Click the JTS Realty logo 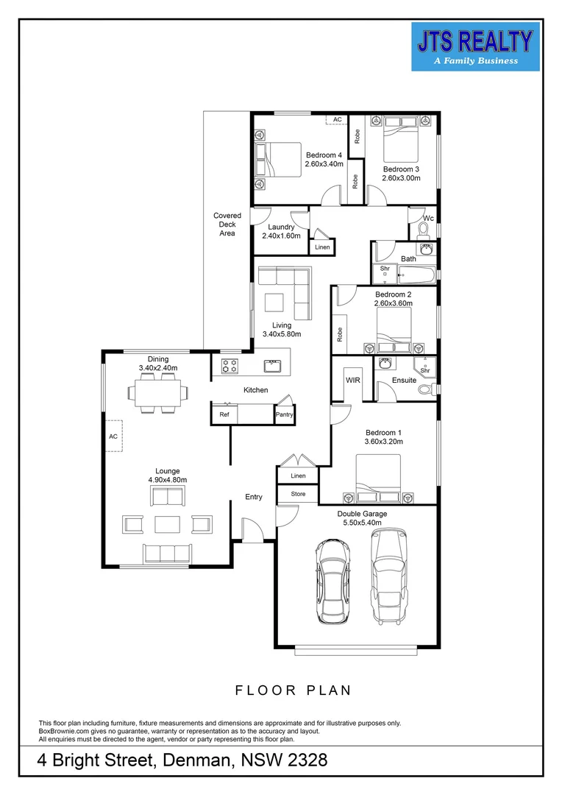[x=475, y=46]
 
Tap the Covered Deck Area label [x=227, y=225]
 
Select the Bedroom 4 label [x=324, y=160]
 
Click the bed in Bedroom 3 [x=402, y=143]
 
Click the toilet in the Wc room [x=424, y=230]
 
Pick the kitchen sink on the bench [x=274, y=364]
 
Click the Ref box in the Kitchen [x=224, y=415]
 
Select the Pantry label [x=284, y=415]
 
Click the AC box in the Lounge [x=113, y=436]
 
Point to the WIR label [x=352, y=381]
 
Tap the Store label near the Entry [x=297, y=495]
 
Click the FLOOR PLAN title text [x=293, y=690]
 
